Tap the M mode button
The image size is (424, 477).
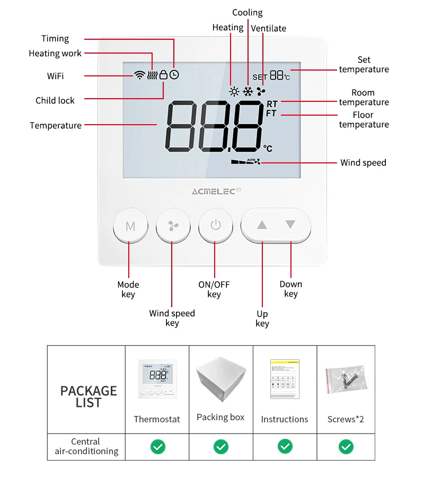pos(130,226)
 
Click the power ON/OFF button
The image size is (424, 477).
pos(215,225)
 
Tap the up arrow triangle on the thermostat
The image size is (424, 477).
pos(262,225)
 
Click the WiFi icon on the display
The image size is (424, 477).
pos(139,75)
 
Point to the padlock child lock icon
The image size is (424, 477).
pos(164,75)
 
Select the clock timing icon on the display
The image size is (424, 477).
pos(174,75)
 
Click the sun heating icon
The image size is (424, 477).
pos(234,91)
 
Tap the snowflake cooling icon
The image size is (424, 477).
pos(248,91)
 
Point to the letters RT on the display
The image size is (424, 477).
pos(272,104)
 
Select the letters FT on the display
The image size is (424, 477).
pos(271,114)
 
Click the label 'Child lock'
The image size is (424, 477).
pos(55,100)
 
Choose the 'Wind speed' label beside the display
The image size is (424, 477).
pos(363,163)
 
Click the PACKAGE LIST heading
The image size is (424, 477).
pos(88,396)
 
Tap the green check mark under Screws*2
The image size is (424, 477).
pos(346,447)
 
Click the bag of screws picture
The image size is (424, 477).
pos(346,379)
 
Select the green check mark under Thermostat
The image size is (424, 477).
pos(157,447)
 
